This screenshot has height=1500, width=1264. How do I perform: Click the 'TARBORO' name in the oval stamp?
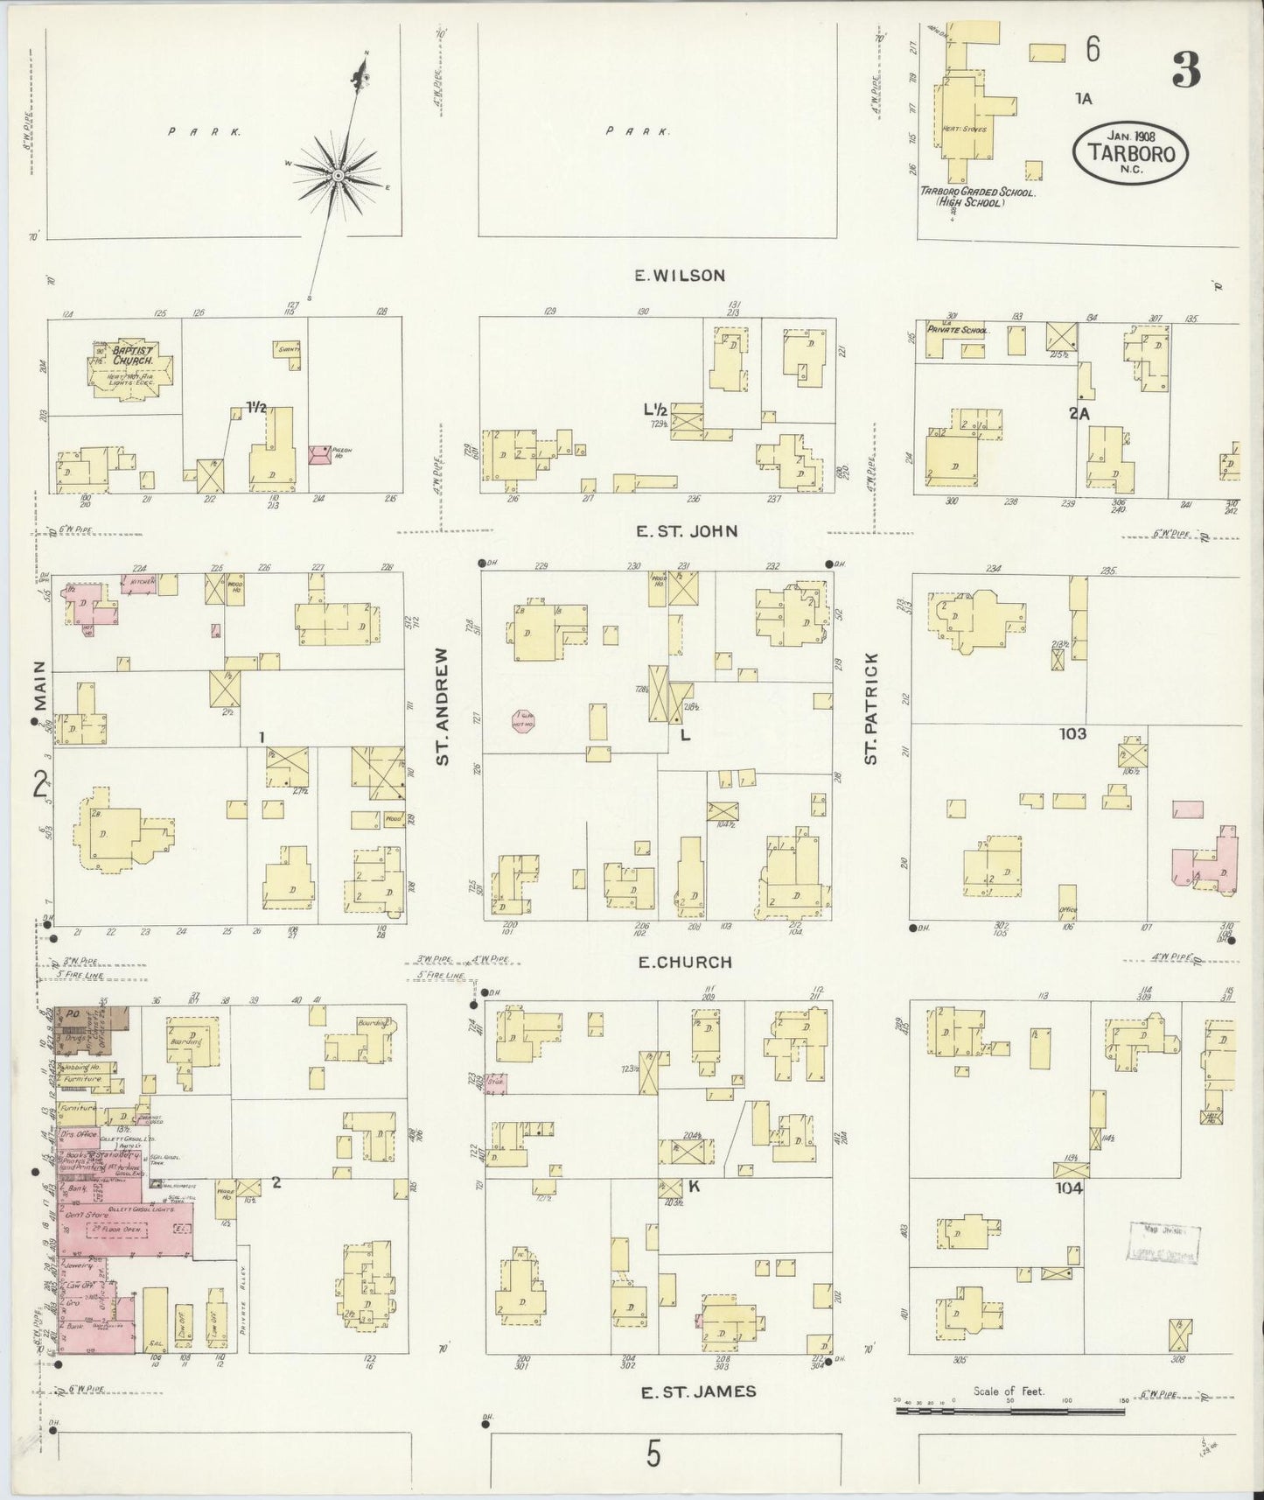pos(1130,152)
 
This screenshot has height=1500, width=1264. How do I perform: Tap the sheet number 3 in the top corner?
pos(1186,71)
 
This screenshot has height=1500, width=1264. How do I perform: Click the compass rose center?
pos(337,177)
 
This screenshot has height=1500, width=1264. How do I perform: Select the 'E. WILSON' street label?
pos(680,276)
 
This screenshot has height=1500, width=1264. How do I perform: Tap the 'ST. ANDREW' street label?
pos(443,706)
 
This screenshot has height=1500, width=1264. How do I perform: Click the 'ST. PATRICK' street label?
pos(870,707)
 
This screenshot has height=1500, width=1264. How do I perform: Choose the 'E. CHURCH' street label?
pos(685,963)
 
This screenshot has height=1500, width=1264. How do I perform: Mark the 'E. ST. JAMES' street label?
pos(697,1391)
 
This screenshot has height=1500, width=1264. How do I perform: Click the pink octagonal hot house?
pos(523,721)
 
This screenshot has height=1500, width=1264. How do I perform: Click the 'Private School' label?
pos(964,331)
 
